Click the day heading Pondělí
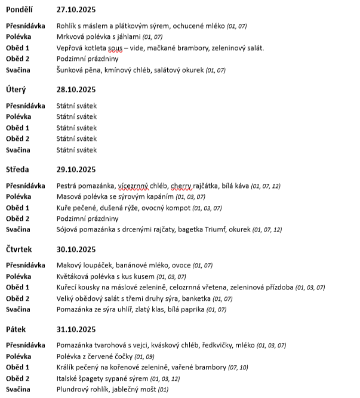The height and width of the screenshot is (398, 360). [20, 10]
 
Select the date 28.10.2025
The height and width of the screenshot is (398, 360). [76, 90]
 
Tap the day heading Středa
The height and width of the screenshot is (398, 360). [17, 169]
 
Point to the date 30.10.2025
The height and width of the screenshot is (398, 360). [76, 249]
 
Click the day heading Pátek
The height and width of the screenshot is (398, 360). [16, 329]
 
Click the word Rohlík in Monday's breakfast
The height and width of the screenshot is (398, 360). [66, 26]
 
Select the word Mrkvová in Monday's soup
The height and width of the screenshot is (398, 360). [70, 37]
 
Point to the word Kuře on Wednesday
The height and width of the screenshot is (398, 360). [64, 208]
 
